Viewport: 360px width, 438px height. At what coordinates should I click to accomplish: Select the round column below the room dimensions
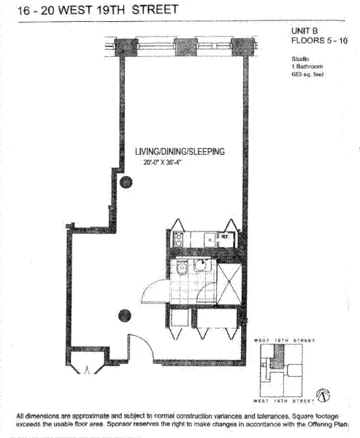click(x=126, y=182)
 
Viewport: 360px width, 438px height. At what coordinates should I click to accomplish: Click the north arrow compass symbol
click(x=319, y=395)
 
